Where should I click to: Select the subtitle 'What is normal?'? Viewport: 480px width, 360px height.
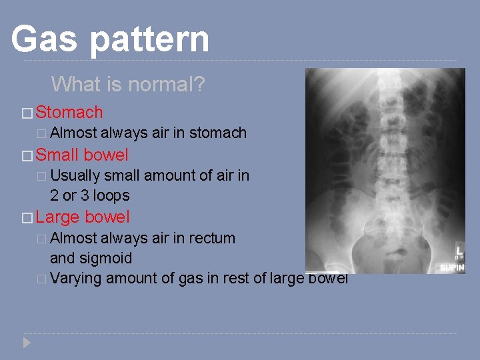coord(128,85)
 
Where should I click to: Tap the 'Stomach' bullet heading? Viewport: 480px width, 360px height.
coord(69,112)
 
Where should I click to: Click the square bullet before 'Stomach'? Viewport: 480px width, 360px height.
coord(26,113)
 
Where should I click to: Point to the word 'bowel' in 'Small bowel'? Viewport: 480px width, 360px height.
coord(106,155)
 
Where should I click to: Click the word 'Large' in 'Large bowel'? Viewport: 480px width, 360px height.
coord(58,217)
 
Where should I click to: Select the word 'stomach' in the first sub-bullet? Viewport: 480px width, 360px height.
coord(218,133)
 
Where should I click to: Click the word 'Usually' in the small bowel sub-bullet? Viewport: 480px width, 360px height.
coord(75,176)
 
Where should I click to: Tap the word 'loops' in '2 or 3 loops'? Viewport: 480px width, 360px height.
coord(111,196)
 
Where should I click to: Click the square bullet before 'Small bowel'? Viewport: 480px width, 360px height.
coord(26,155)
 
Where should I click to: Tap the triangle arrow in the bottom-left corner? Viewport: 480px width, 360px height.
coord(26,343)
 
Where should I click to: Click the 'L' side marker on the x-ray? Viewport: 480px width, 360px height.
coord(459,248)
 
